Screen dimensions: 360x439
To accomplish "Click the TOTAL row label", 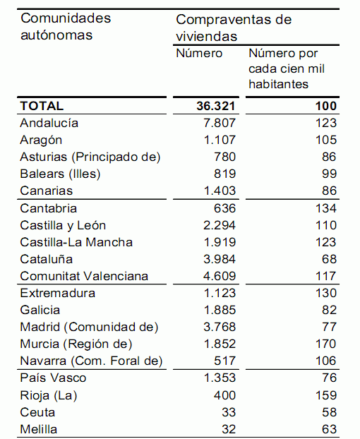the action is [42, 106].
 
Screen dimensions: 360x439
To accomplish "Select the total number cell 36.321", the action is [215, 106].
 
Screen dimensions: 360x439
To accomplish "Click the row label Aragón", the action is [41, 140].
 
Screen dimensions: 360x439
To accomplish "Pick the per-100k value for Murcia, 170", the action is [326, 344].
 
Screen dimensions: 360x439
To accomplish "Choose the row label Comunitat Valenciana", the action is [84, 276].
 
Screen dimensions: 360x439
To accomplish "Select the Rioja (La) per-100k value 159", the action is [326, 395].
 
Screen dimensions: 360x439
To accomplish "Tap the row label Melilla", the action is [39, 429].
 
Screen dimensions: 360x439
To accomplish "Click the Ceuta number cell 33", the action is [227, 412].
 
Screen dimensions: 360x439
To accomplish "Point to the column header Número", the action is [199, 54].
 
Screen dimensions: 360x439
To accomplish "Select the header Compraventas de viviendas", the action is [234, 28].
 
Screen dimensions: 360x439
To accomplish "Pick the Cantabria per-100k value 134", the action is [326, 208].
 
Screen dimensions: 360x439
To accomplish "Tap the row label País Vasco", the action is [53, 378].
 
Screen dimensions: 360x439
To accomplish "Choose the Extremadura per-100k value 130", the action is [326, 293].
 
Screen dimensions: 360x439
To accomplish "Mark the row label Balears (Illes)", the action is [60, 174].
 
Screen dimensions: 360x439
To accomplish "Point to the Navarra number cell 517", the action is [224, 361].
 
